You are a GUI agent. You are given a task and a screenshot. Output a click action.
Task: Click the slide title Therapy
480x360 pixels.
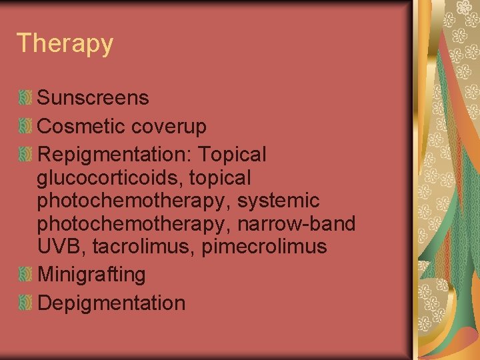pyautogui.click(x=65, y=44)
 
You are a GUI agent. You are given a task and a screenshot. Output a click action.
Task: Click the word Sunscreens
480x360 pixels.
pyautogui.click(x=93, y=98)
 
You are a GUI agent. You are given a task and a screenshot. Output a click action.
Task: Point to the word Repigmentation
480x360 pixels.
pyautogui.click(x=113, y=155)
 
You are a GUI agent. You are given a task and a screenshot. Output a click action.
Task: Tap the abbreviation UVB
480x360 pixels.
pyautogui.click(x=62, y=247)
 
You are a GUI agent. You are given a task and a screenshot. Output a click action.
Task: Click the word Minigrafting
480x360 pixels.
pyautogui.click(x=92, y=275)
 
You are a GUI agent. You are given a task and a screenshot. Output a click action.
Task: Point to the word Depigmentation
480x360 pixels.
pyautogui.click(x=111, y=303)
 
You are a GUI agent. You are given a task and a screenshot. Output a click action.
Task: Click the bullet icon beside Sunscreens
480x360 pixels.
pyautogui.click(x=25, y=98)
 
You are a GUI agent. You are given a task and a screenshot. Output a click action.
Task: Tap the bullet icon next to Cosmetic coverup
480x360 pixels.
pyautogui.click(x=25, y=126)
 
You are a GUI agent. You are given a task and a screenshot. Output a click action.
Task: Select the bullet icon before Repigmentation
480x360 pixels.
pyautogui.click(x=25, y=155)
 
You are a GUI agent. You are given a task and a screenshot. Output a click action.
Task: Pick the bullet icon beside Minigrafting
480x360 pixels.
pyautogui.click(x=25, y=274)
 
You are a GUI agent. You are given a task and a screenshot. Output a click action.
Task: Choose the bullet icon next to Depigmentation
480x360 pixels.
pyautogui.click(x=25, y=303)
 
